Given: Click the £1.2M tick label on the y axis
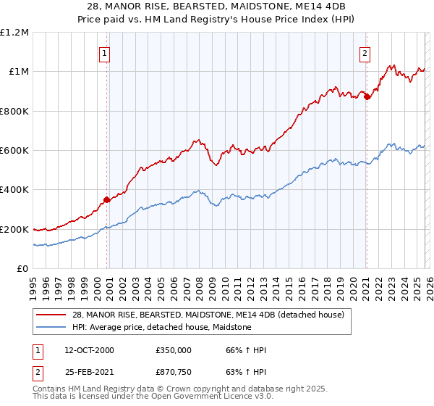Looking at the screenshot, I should point(14,33).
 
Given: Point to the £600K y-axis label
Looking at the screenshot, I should point(14,151).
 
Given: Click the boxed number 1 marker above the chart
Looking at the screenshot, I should point(105,53).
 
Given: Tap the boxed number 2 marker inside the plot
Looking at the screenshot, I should point(365,53).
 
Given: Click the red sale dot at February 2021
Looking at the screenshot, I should point(367,96).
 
